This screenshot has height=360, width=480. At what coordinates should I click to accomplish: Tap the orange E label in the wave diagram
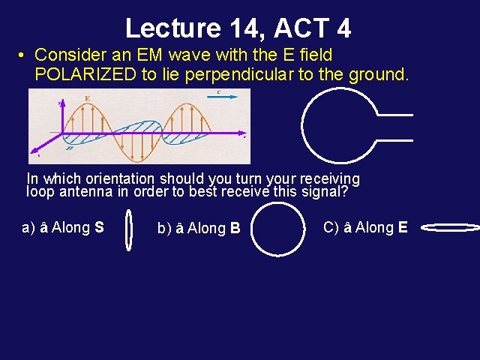[x=88, y=98]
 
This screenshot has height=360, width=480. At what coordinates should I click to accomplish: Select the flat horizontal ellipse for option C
[x=451, y=226]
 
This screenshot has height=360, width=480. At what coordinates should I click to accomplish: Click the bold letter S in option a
[x=100, y=226]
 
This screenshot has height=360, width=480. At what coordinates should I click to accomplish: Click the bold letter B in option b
[x=235, y=228]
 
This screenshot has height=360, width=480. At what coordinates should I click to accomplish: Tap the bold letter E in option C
[x=403, y=226]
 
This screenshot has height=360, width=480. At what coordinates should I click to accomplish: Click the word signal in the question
[x=323, y=191]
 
